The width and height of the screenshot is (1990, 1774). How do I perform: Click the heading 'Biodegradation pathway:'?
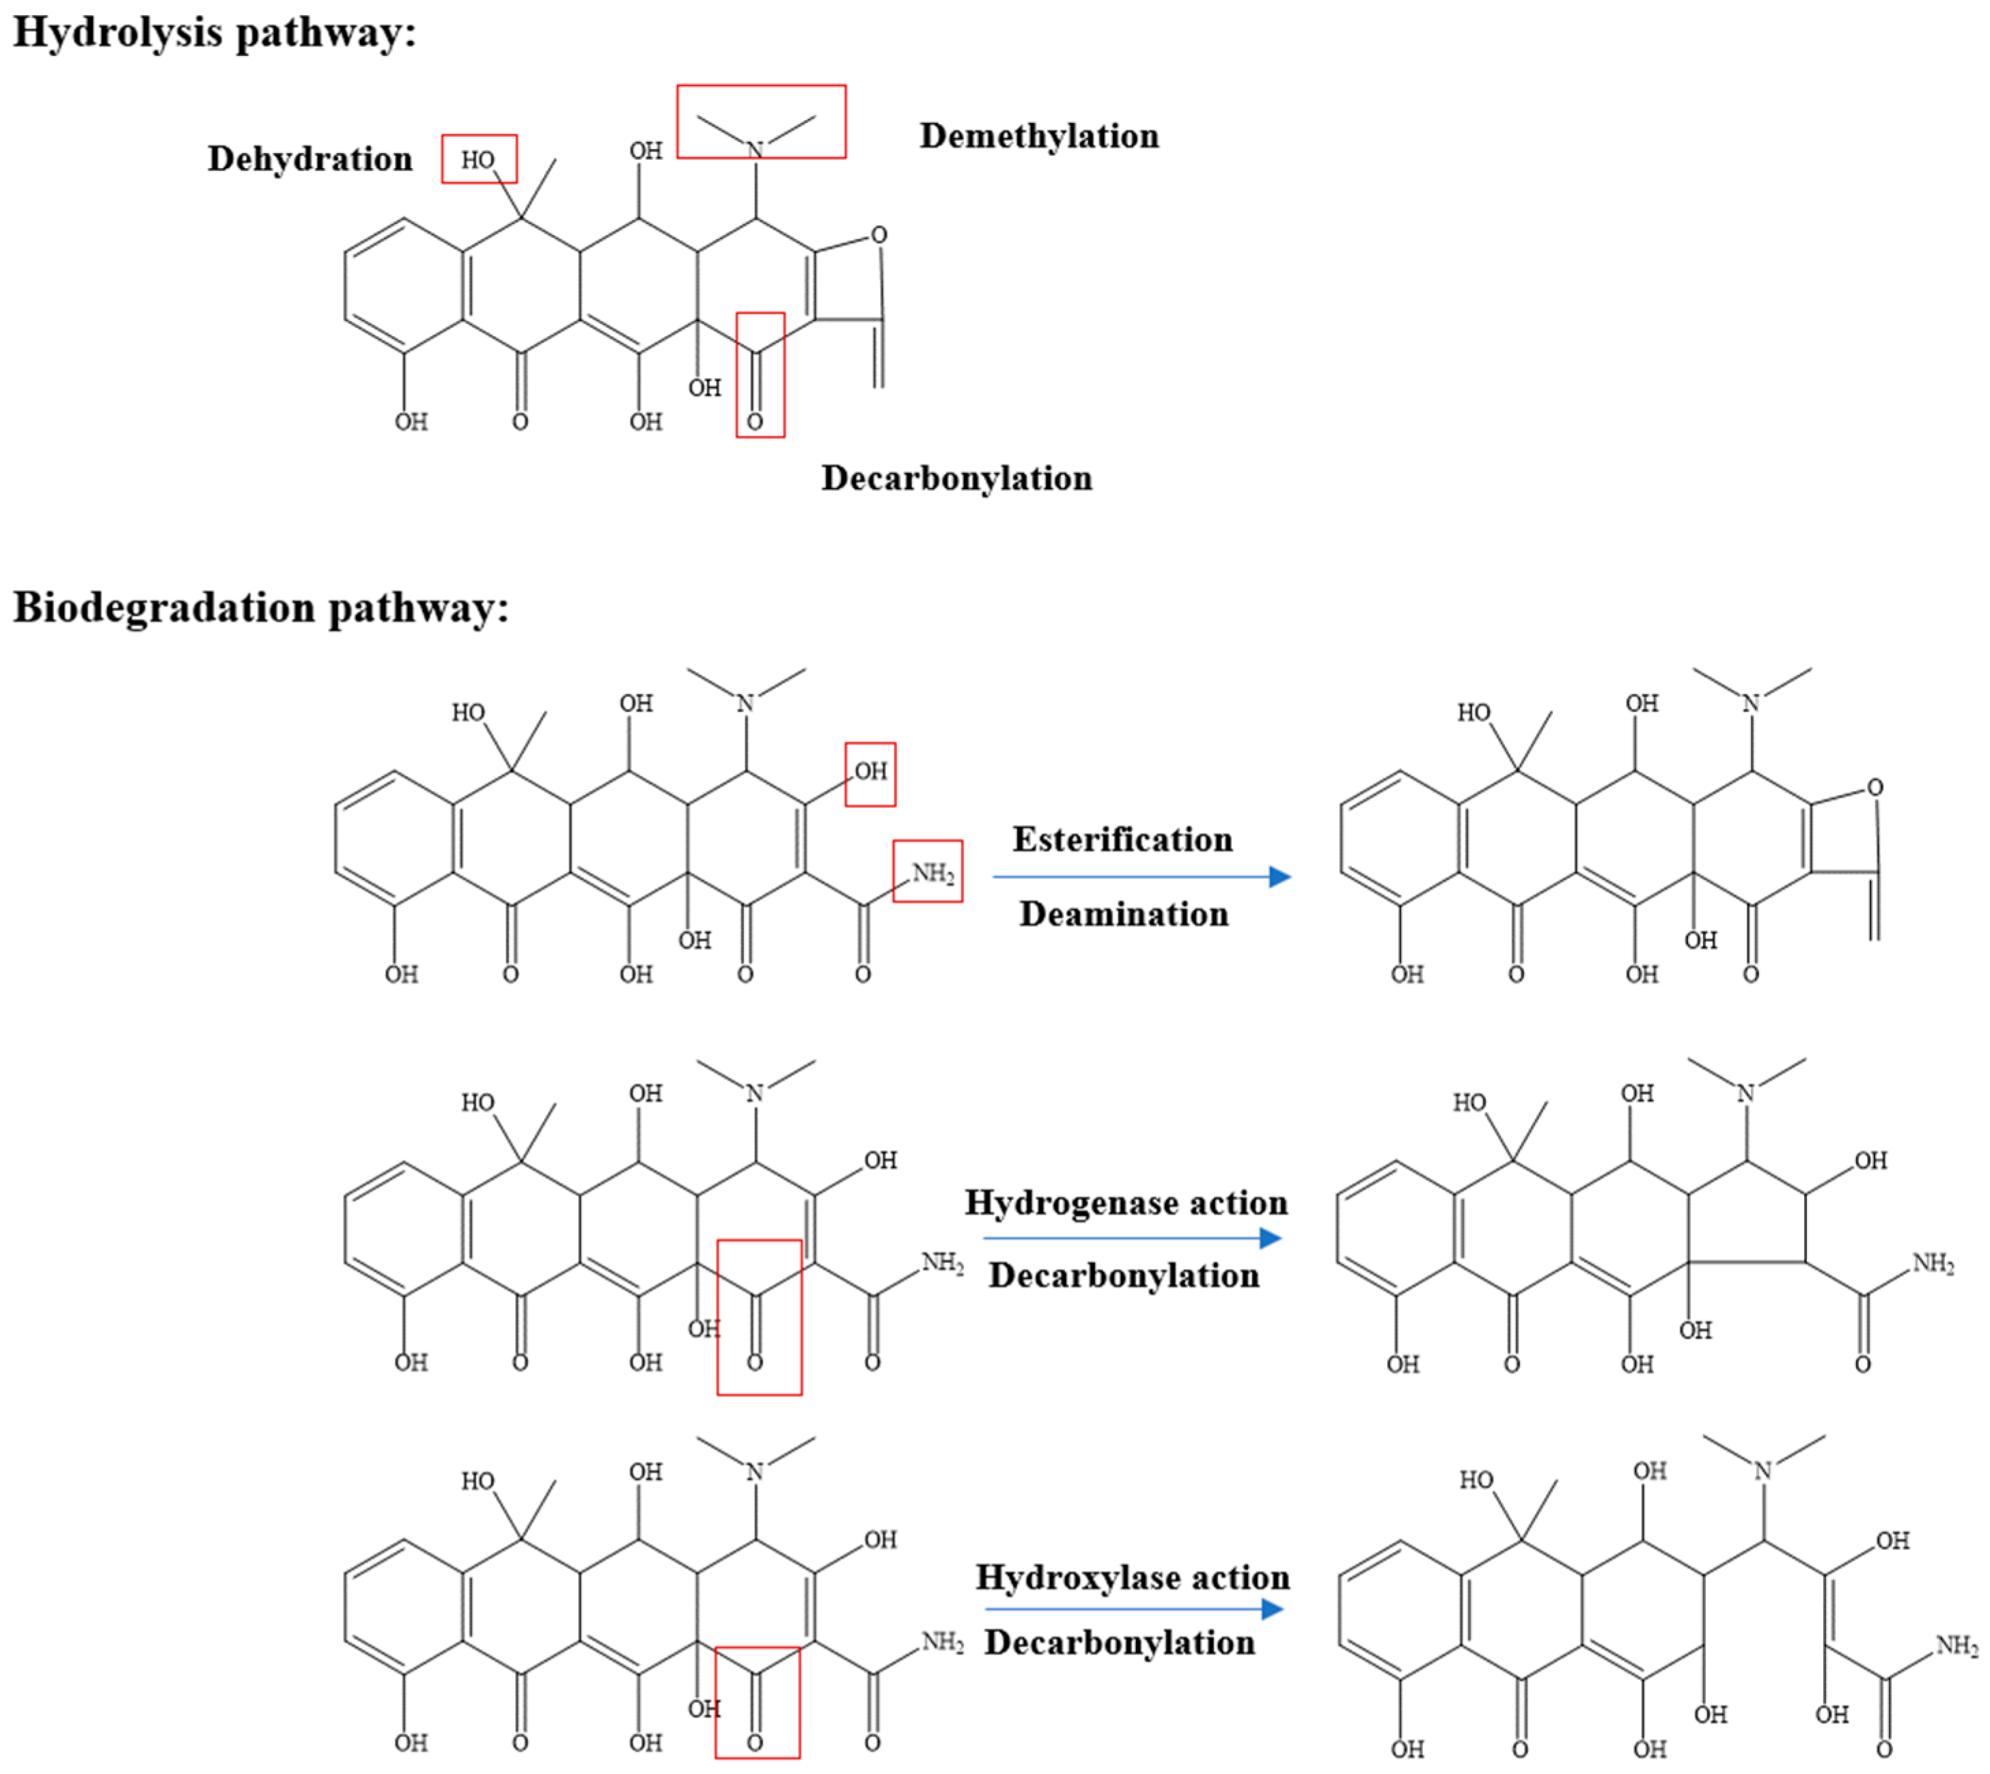pyautogui.click(x=261, y=608)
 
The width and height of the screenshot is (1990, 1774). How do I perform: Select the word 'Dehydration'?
pyautogui.click(x=310, y=159)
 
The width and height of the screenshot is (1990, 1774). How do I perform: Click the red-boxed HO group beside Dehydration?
pyautogui.click(x=478, y=159)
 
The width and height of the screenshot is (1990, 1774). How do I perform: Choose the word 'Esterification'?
pyautogui.click(x=1122, y=840)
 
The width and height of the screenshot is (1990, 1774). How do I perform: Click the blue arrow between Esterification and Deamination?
pyautogui.click(x=1140, y=877)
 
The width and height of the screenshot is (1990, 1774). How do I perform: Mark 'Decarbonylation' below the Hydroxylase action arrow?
pyautogui.click(x=1119, y=1642)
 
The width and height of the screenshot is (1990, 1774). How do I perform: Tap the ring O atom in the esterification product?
pyautogui.click(x=1873, y=788)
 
